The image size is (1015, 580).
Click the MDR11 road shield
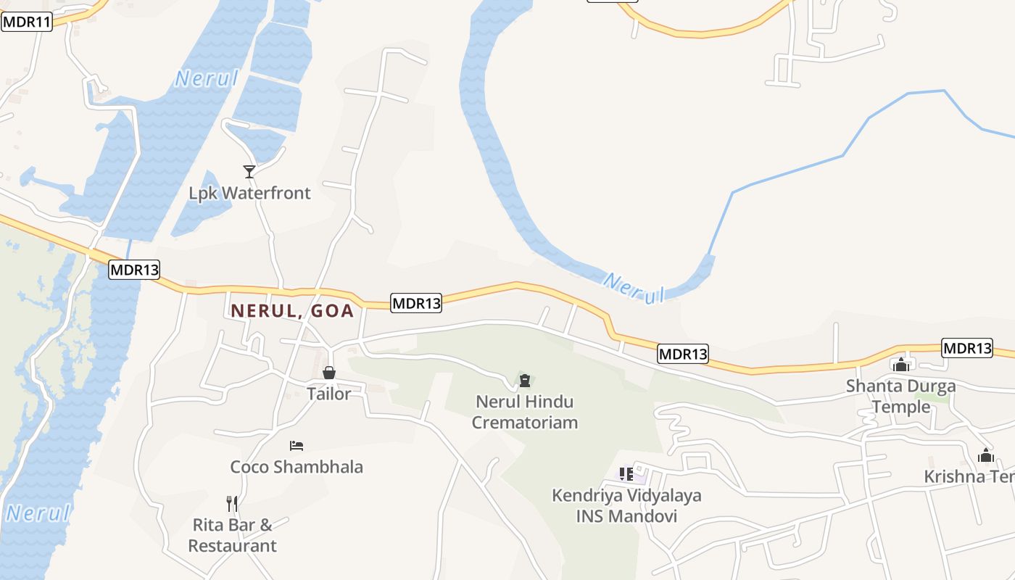pos(27,22)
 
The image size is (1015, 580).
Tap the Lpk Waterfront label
pos(249,193)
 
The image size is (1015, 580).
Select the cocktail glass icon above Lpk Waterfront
pos(249,171)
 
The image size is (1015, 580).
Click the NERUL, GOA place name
pos(292,311)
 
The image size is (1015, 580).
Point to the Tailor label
pos(328,394)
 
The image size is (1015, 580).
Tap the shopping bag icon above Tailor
pos(329,373)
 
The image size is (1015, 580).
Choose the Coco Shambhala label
pos(297,466)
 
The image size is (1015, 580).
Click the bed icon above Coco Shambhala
pos(296,445)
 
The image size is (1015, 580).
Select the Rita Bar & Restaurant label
pos(232,535)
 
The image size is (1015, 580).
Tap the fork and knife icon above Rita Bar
pos(232,503)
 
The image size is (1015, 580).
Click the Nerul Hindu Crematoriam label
pos(525,412)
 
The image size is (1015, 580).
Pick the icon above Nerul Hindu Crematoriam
pos(525,380)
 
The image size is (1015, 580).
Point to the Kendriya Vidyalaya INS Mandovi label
pos(626,506)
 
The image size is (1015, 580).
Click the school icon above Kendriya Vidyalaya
pos(626,474)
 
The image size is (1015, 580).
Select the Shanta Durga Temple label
pos(901,396)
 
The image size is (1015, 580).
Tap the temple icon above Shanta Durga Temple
pos(901,365)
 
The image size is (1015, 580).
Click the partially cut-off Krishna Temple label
pos(969,476)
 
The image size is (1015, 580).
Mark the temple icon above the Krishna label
pos(986,455)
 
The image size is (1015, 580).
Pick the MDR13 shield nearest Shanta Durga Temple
pos(967,348)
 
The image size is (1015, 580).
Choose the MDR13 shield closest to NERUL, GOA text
pos(416,303)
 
